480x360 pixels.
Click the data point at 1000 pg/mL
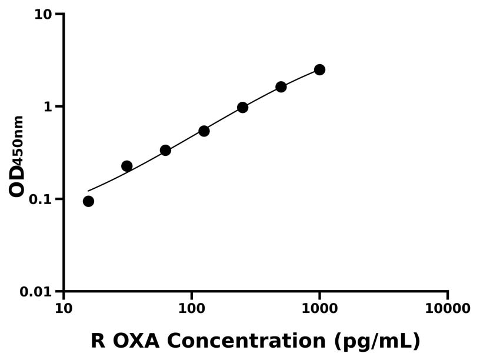(x=319, y=69)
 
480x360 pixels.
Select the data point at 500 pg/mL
(x=281, y=86)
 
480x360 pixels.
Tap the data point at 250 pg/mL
(x=242, y=107)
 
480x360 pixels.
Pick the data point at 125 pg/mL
(x=204, y=131)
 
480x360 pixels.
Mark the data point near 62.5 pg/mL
(x=165, y=150)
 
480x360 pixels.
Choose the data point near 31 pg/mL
(x=126, y=166)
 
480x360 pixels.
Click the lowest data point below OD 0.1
(x=88, y=201)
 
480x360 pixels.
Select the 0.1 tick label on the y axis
(x=41, y=199)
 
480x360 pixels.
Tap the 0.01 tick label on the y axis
(x=36, y=292)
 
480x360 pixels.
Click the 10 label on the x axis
(x=64, y=309)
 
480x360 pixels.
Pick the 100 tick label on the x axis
(x=192, y=309)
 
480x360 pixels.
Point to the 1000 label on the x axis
(x=319, y=309)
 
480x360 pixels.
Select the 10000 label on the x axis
(x=448, y=309)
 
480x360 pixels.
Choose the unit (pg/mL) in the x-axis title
(x=376, y=342)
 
